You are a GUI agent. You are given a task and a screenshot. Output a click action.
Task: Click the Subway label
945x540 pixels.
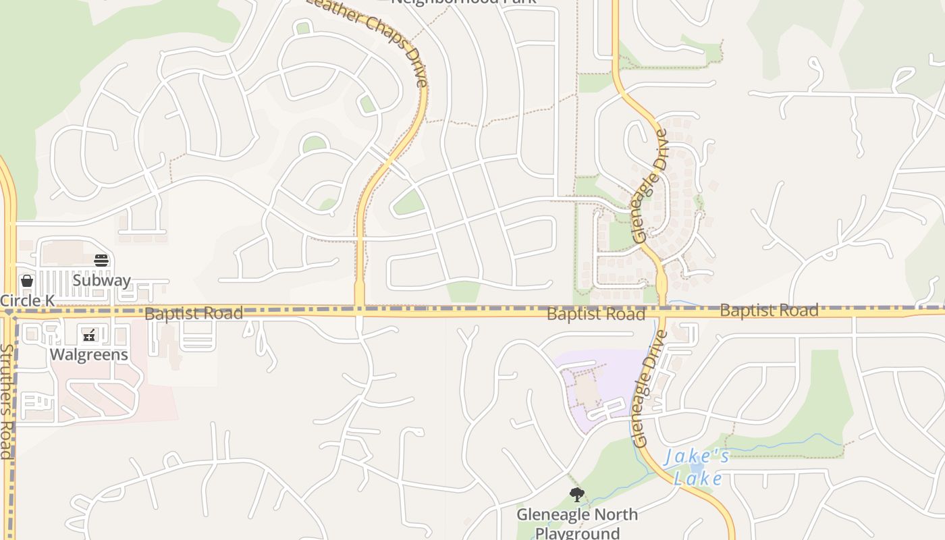pyautogui.click(x=102, y=279)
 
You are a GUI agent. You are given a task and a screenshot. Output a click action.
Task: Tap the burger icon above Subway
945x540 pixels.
pyautogui.click(x=101, y=261)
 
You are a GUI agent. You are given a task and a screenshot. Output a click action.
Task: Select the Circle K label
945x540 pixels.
pyautogui.click(x=27, y=300)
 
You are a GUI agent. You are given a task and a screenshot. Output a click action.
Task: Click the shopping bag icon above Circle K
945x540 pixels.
pyautogui.click(x=27, y=281)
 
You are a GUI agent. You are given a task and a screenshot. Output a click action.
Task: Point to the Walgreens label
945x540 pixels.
pyautogui.click(x=89, y=354)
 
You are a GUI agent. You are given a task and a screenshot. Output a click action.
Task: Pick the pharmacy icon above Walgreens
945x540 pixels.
pyautogui.click(x=89, y=335)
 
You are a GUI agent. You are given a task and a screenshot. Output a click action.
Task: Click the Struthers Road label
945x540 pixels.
pyautogui.click(x=7, y=402)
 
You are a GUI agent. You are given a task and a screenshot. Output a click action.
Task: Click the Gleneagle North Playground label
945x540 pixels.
pyautogui.click(x=577, y=523)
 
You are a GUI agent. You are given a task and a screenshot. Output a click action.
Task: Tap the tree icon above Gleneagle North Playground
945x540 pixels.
pyautogui.click(x=576, y=495)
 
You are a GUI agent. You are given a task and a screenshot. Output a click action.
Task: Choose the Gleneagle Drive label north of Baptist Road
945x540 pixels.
pyautogui.click(x=650, y=186)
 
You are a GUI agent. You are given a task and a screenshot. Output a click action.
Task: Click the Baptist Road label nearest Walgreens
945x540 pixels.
pyautogui.click(x=194, y=313)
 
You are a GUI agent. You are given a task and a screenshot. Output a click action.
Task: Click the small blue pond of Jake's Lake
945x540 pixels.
pyautogui.click(x=697, y=467)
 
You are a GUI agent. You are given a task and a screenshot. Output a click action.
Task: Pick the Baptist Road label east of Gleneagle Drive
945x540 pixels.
pyautogui.click(x=769, y=310)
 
